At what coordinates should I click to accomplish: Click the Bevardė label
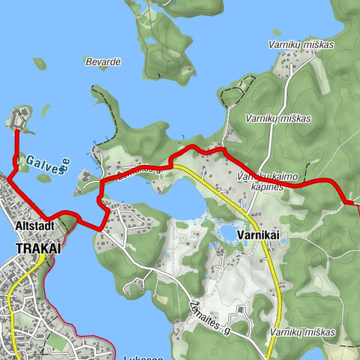coord(103,61)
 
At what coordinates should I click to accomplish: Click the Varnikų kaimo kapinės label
coord(262,180)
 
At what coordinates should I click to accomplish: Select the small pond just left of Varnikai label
coord(226,232)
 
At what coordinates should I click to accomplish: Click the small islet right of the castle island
coord(45,110)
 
